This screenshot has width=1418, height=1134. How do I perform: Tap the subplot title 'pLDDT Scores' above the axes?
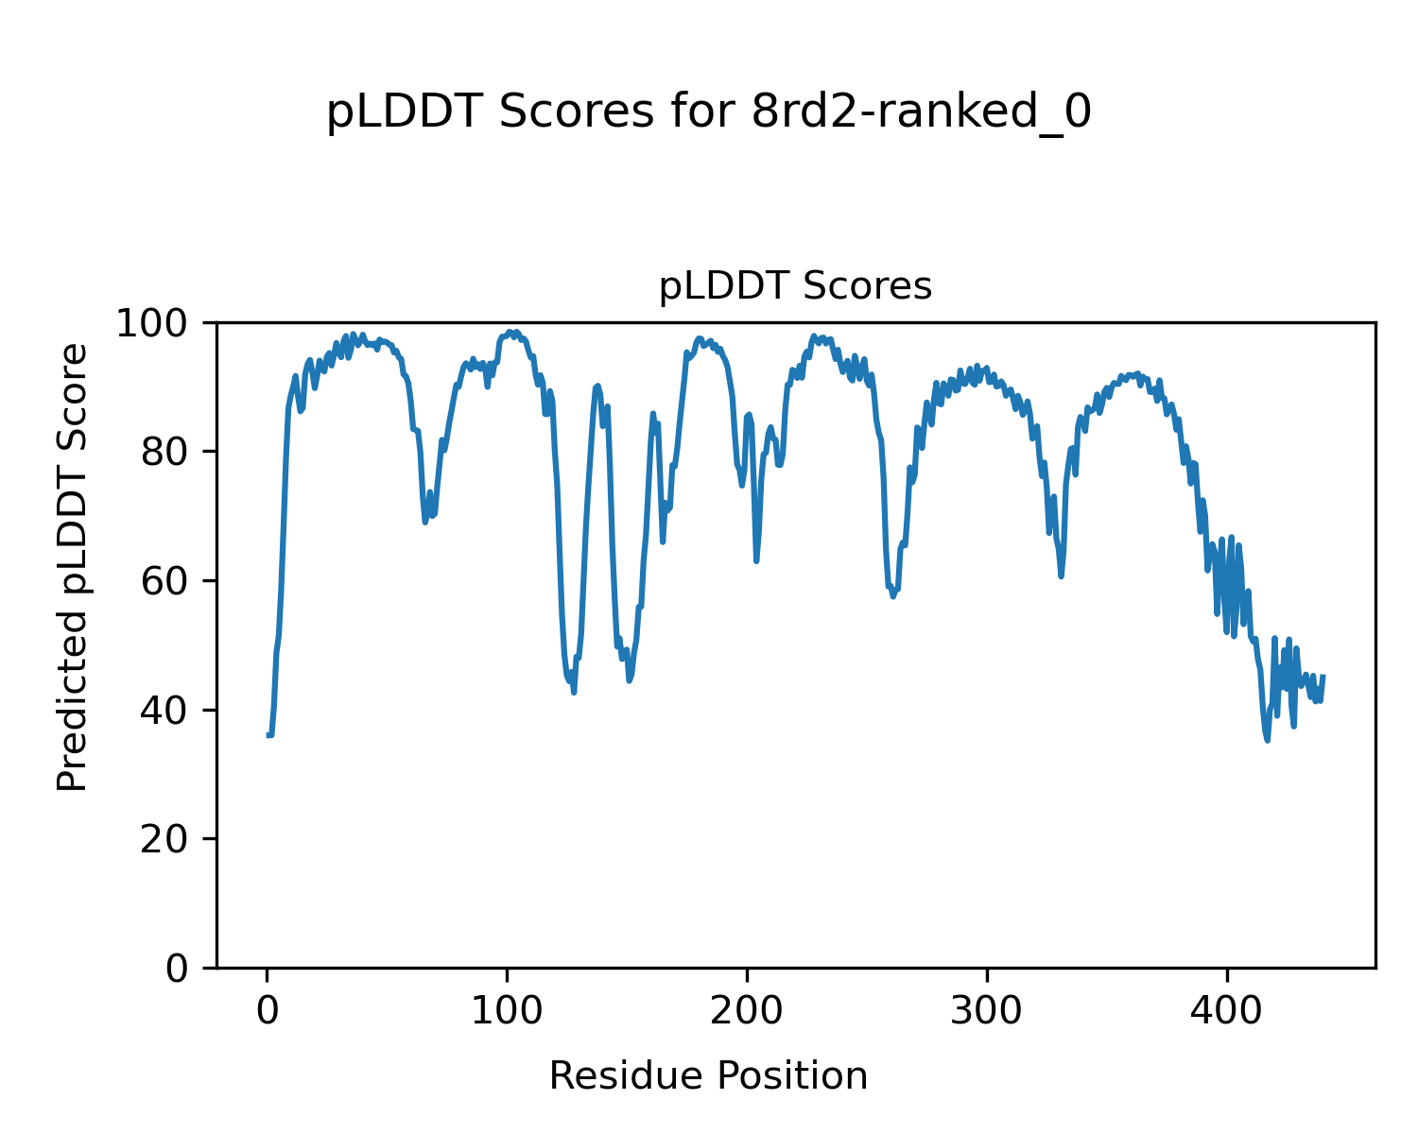coord(795,286)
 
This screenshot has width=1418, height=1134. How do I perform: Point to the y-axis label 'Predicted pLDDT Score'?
coord(73,567)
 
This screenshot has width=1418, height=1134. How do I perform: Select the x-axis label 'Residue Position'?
coord(708,1076)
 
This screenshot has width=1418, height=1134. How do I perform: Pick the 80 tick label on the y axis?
coord(166,453)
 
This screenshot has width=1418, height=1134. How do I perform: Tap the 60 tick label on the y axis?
coord(166,581)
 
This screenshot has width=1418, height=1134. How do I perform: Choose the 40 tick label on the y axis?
coord(166,711)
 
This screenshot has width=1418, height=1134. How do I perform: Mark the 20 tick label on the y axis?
coord(166,839)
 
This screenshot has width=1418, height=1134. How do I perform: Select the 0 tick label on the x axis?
coord(268,1010)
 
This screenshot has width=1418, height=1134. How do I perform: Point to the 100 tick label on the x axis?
coord(508,1010)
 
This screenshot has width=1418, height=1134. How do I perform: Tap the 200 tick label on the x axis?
coord(747,1010)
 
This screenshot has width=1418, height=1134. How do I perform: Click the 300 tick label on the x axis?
coord(987,1010)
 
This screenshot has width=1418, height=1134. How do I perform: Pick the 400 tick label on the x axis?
coord(1227,1010)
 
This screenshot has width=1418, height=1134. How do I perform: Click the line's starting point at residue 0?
coord(268,734)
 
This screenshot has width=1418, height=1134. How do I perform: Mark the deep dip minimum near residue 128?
coord(574,693)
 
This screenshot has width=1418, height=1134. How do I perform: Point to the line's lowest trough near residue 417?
coord(1267,740)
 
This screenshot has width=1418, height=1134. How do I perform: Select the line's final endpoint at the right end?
coord(1323,676)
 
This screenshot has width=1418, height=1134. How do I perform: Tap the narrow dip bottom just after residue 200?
coord(756,561)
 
